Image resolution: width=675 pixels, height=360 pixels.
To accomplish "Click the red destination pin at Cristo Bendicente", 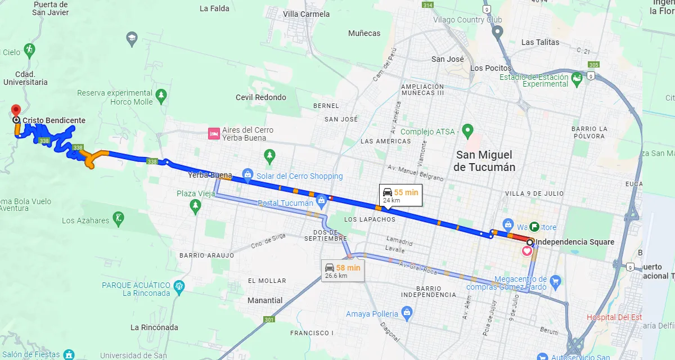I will click(16, 110).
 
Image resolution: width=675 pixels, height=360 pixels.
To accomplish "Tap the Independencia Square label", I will click(574, 242).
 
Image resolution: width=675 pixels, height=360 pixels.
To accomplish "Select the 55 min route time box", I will click(400, 195).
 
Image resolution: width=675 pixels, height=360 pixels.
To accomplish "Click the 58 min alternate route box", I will click(342, 271).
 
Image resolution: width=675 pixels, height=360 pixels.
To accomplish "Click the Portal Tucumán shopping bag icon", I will click(321, 200).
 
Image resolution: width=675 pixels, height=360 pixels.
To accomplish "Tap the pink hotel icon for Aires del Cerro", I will click(214, 133).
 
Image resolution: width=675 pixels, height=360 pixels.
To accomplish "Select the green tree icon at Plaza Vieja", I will click(195, 206).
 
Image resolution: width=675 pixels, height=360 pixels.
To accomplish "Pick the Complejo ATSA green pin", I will click(467, 132).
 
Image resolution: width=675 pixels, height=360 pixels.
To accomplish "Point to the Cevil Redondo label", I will click(260, 97).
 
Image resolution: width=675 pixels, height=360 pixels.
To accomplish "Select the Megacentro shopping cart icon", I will click(556, 281).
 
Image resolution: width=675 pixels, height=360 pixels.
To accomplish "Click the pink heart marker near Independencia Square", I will click(527, 251).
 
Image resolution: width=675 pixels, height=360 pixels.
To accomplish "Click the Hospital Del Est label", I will click(614, 317).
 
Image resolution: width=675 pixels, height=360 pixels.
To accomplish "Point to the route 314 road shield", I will click(428, 5).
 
